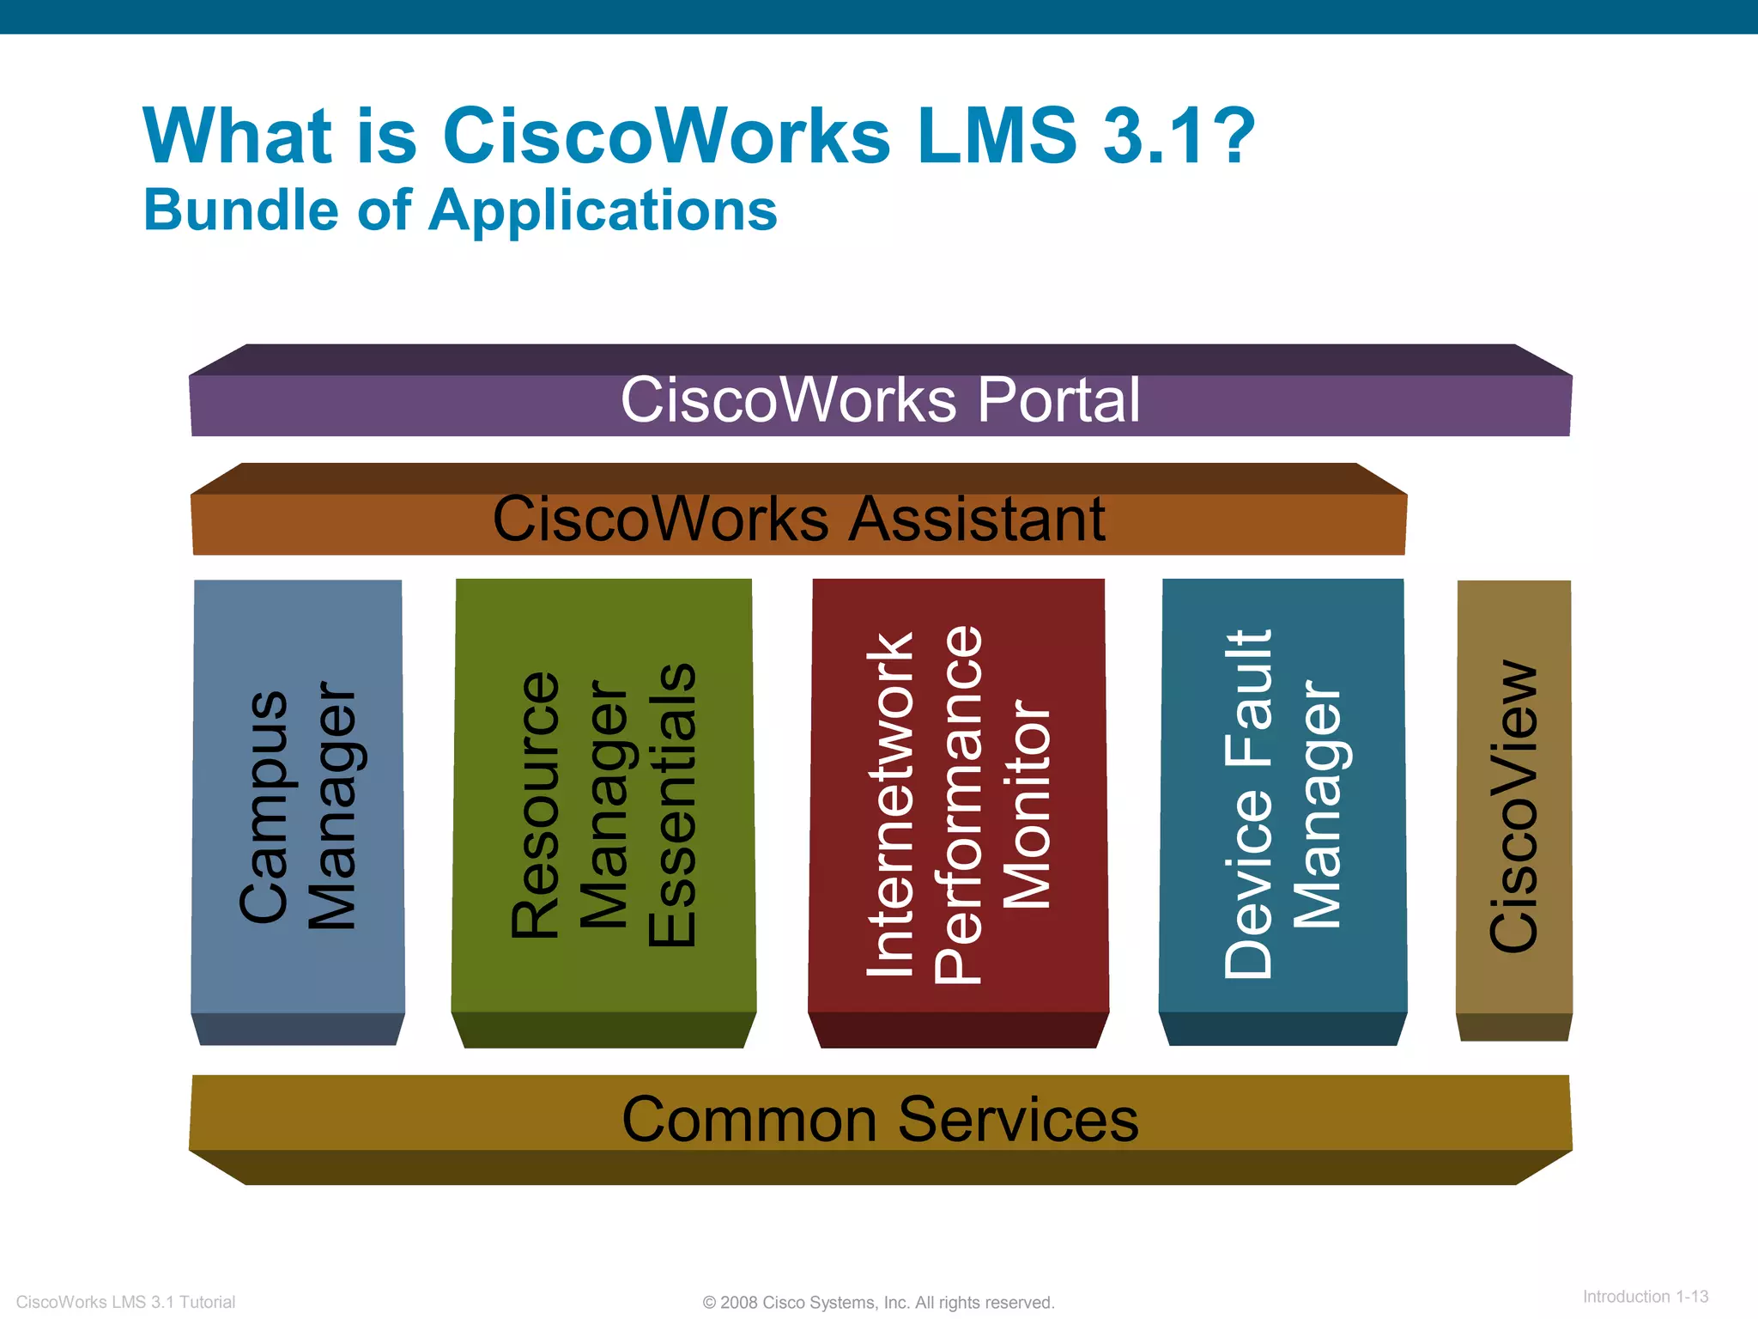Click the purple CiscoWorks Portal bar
click(880, 404)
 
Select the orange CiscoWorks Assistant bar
click(798, 523)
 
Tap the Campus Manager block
click(298, 799)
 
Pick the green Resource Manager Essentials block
click(603, 799)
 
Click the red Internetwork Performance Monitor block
click(958, 799)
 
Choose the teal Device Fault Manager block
click(1282, 799)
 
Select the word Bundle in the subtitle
click(241, 210)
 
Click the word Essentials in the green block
click(673, 805)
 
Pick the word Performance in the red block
click(959, 805)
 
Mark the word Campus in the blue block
click(264, 806)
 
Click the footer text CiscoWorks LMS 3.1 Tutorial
click(125, 1302)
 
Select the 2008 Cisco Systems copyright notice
click(878, 1303)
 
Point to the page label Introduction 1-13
click(1645, 1297)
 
